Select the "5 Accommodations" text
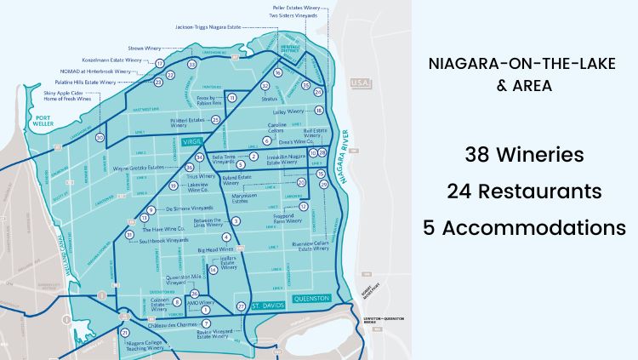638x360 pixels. tap(523, 227)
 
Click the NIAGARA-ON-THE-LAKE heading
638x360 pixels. tap(523, 62)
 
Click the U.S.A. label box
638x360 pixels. tap(358, 83)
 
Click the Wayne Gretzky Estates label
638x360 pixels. tap(139, 168)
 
